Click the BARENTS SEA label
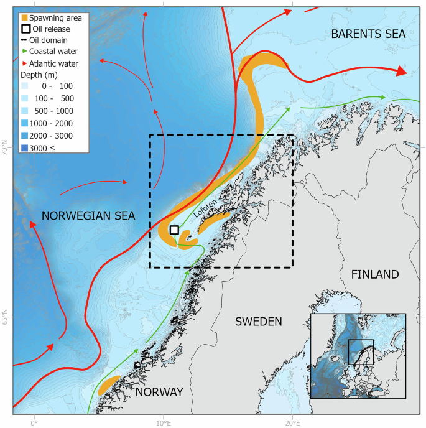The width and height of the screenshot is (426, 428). tap(368, 35)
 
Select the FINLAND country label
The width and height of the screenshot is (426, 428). tap(374, 274)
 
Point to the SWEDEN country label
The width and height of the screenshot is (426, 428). tap(258, 322)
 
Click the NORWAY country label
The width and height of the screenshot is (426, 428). tap(159, 392)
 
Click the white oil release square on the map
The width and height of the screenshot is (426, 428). tap(174, 230)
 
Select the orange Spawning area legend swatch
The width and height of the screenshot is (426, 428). tap(24, 17)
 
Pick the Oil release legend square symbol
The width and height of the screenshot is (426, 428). tap(24, 29)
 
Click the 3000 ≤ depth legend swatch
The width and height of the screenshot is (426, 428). tap(25, 147)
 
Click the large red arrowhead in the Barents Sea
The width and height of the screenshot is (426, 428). tap(402, 72)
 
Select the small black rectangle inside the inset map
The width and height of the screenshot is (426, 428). tap(361, 352)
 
